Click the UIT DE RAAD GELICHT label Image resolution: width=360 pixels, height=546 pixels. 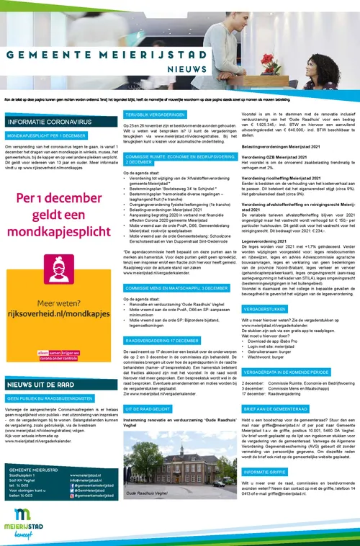click(x=148, y=408)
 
